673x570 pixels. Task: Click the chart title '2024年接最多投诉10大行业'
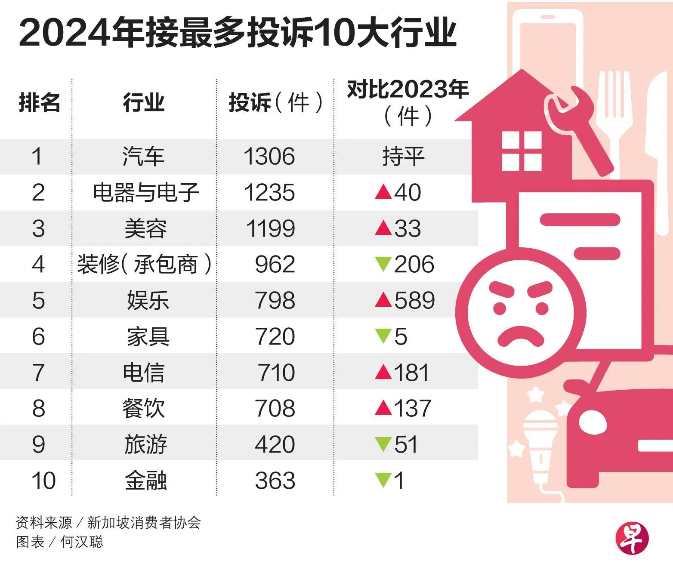point(238,33)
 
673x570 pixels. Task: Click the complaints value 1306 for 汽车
point(269,156)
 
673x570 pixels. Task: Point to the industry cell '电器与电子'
point(146,192)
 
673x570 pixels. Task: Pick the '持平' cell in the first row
point(403,156)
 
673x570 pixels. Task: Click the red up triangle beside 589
point(383,300)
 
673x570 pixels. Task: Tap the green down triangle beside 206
point(383,264)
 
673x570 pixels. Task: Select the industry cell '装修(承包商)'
point(145,264)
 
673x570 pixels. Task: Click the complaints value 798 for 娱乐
point(275,300)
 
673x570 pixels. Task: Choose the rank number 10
point(43,481)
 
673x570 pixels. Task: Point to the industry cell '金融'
point(146,481)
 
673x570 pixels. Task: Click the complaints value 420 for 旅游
point(275,444)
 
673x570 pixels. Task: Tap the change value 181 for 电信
point(411,373)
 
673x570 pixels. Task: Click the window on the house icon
point(521,151)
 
